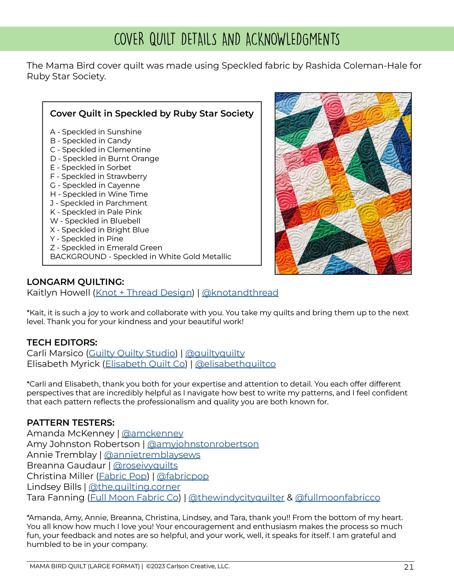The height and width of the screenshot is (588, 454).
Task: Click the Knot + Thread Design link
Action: [144, 293]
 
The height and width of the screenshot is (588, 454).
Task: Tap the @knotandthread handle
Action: [240, 293]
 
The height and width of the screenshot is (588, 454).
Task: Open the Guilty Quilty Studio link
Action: [132, 353]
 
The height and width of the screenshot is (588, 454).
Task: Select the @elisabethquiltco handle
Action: [235, 364]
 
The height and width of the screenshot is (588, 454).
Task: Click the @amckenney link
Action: [152, 434]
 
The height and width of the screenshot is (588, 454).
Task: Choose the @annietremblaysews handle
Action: [152, 455]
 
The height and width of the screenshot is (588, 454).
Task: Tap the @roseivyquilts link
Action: [145, 466]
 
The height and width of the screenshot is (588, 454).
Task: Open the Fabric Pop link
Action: [123, 476]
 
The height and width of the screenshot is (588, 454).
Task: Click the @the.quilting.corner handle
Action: [134, 487]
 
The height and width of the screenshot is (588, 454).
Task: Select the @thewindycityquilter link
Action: [236, 498]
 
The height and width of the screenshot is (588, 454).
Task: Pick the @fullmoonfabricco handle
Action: [337, 498]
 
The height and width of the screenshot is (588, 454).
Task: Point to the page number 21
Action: [408, 567]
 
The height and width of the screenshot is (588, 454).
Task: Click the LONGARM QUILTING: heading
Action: [75, 282]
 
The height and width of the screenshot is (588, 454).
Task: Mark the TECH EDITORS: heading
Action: [62, 343]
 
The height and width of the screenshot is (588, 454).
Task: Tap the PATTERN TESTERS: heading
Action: [71, 423]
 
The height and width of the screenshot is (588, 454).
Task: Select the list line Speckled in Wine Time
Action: [99, 194]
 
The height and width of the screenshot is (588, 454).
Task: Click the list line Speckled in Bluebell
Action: [95, 221]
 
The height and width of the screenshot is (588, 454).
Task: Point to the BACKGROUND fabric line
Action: [140, 257]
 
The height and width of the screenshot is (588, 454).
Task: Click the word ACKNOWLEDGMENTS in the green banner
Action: [293, 39]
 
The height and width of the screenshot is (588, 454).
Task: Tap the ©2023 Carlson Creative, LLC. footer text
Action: [188, 566]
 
